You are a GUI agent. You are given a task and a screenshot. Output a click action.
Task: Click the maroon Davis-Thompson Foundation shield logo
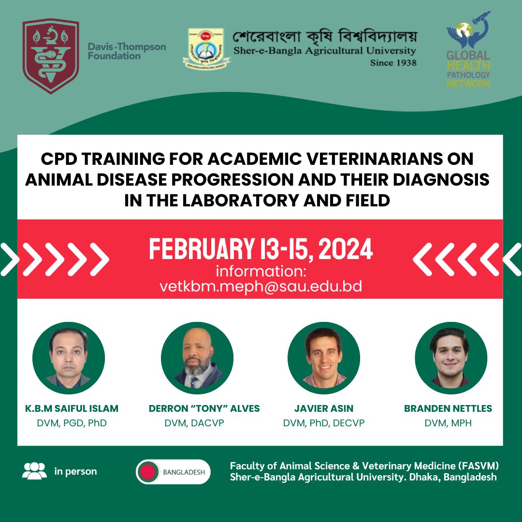(51, 56)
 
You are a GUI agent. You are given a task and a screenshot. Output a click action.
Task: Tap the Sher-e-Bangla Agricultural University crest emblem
(206, 49)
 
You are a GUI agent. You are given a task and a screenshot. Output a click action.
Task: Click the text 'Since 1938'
(393, 62)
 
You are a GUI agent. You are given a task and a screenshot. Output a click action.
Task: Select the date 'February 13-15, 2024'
(261, 249)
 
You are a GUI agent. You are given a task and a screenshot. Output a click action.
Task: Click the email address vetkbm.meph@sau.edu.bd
(261, 287)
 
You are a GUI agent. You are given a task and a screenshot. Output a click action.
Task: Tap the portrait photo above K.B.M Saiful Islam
(69, 358)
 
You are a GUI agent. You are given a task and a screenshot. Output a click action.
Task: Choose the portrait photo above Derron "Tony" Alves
(197, 358)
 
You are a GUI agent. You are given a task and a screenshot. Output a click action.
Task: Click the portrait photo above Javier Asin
(323, 358)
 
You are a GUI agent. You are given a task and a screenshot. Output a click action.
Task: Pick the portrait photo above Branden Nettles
(451, 358)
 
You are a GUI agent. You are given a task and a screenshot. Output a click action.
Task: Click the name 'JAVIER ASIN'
(323, 408)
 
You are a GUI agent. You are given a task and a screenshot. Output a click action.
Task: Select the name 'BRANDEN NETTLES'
(448, 408)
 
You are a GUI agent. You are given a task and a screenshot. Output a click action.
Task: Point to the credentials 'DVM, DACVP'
(194, 423)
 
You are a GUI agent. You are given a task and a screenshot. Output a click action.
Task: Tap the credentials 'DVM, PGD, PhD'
(72, 423)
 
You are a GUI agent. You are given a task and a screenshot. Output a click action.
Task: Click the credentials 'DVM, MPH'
(448, 423)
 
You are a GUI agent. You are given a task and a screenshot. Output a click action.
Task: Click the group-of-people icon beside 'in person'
(35, 471)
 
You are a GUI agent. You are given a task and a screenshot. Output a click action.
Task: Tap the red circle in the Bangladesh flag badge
(147, 472)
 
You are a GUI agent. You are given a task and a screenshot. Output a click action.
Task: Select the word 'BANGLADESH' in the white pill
(184, 472)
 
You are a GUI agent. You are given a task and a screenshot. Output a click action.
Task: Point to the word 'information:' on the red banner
(261, 271)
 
